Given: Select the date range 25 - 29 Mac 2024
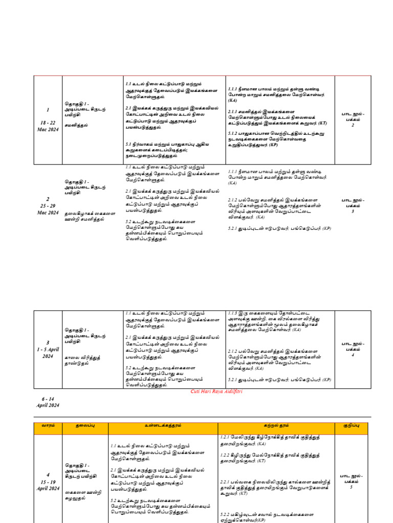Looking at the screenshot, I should click(x=48, y=209).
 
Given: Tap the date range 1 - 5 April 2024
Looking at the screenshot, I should click(x=48, y=352).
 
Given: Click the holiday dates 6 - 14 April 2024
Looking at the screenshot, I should click(x=48, y=401).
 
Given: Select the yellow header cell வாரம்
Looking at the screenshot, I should click(x=48, y=425).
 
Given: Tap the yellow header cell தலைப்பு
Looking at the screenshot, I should click(x=84, y=425).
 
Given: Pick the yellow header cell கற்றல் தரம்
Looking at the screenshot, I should click(x=276, y=425).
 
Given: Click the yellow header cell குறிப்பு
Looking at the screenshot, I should click(x=351, y=425).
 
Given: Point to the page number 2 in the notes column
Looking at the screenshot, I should click(x=353, y=125).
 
